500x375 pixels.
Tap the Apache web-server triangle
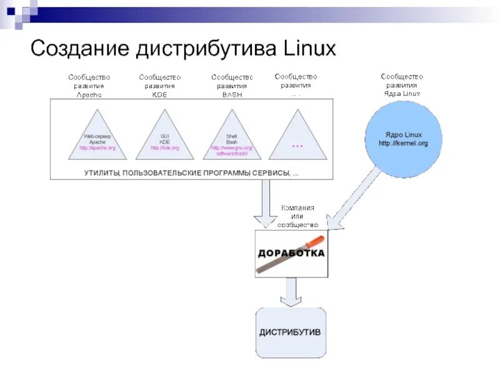(x=97, y=141)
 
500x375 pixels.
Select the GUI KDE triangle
(x=164, y=141)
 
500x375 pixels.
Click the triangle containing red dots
(x=297, y=141)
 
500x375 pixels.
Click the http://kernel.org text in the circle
(x=403, y=144)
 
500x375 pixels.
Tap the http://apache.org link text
(x=97, y=148)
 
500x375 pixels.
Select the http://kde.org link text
(x=164, y=148)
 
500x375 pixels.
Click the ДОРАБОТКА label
(x=291, y=253)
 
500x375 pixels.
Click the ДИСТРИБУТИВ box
(x=290, y=332)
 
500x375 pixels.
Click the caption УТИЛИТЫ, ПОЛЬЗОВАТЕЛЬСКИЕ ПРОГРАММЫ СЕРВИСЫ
(x=191, y=172)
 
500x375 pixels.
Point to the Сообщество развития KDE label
(x=159, y=86)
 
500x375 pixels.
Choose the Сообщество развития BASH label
(x=232, y=86)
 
